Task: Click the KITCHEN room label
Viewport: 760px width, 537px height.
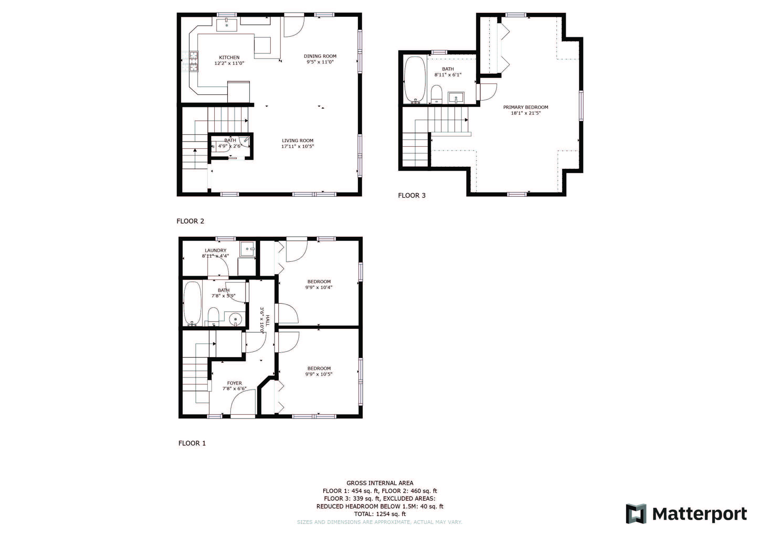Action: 229,57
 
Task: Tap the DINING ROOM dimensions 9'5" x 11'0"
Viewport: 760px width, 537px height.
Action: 320,62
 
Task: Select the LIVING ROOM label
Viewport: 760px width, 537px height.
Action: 297,141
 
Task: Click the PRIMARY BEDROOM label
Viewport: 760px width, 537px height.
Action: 526,107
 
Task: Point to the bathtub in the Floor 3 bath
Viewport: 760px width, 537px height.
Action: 415,80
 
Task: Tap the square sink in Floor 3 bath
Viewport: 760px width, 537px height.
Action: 456,98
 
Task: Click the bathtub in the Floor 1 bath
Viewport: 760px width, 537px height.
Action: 192,303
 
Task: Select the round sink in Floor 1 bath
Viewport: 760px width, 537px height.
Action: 236,319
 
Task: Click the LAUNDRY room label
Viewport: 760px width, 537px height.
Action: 215,250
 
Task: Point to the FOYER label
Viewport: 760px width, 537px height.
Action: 234,383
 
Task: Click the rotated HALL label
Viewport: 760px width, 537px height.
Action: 267,320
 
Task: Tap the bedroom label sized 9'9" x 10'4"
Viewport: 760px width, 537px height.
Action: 319,282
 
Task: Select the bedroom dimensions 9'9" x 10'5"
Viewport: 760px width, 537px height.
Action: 319,374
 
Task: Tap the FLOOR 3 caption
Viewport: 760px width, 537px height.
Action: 411,195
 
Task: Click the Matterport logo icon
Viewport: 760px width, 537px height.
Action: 636,513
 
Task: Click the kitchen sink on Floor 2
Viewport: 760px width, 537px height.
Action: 226,25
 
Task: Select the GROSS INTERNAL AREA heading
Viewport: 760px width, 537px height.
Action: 380,483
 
